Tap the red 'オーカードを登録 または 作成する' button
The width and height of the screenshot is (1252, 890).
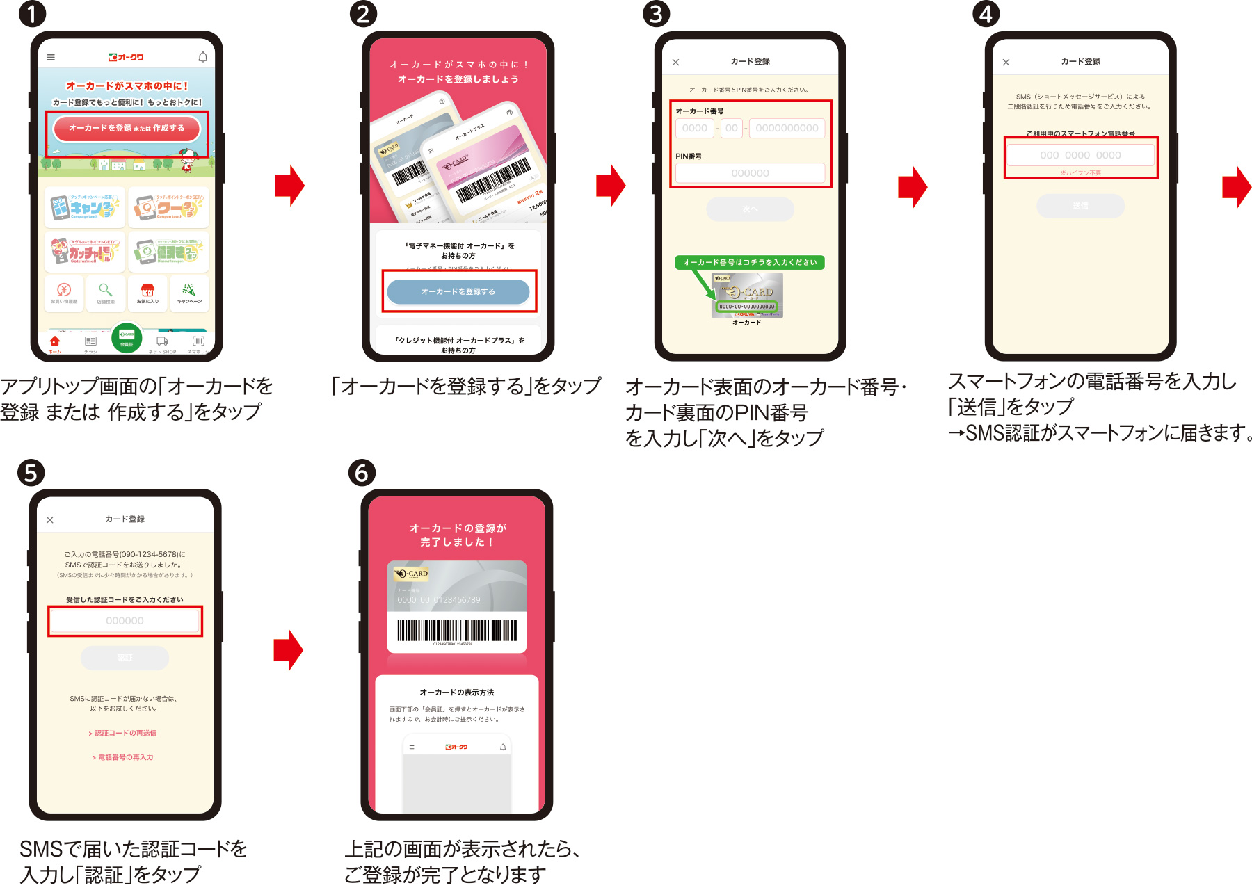[127, 129]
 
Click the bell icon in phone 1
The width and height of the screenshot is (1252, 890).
[202, 57]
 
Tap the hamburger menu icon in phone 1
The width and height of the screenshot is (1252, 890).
[51, 57]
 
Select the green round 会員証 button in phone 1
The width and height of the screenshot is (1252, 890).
[127, 338]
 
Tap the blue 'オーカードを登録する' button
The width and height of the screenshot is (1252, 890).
[458, 291]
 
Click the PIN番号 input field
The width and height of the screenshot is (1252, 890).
[750, 173]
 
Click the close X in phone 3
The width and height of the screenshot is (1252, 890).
[675, 62]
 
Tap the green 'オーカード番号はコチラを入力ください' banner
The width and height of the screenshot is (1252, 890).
[749, 262]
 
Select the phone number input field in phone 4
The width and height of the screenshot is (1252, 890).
[1080, 155]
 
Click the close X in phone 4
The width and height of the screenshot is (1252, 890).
[1006, 62]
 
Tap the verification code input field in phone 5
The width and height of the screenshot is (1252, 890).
[125, 620]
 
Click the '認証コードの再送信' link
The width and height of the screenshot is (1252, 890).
[123, 733]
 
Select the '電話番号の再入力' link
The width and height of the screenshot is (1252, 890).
[123, 757]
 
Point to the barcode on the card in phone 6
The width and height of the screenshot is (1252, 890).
[457, 630]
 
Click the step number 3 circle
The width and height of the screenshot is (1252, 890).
[655, 14]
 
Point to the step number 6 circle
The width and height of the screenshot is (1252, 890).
[362, 473]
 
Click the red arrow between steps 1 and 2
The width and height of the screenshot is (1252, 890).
[290, 186]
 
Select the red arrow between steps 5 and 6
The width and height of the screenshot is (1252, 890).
[289, 650]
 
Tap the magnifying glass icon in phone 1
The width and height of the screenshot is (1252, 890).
[105, 290]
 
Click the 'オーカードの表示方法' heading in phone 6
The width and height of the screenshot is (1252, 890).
[457, 693]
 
